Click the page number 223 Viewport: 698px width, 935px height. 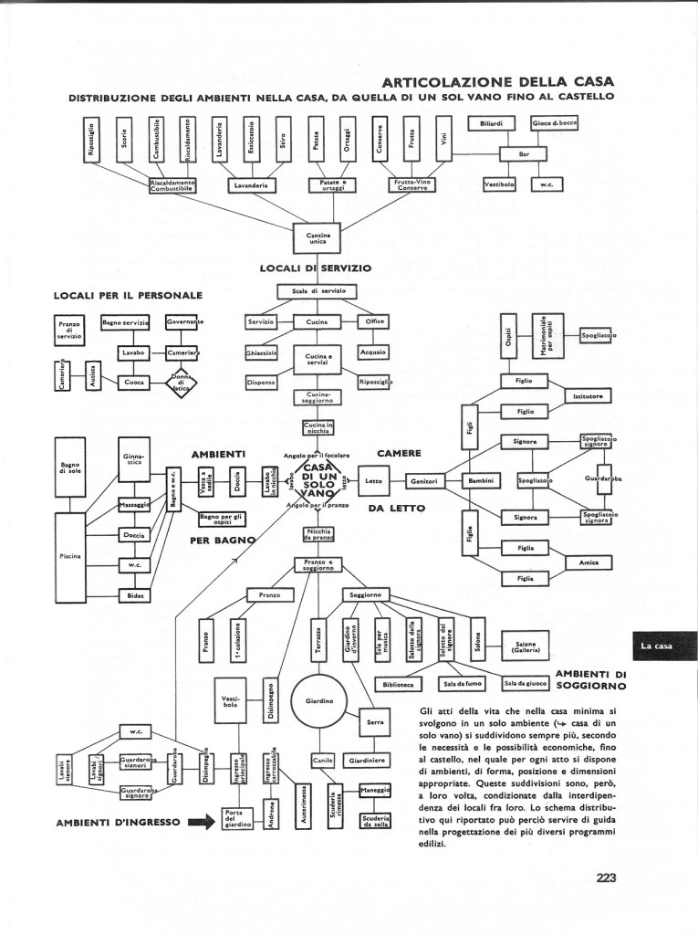[607, 878]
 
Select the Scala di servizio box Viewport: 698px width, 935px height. [317, 291]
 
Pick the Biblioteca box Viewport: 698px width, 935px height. [399, 683]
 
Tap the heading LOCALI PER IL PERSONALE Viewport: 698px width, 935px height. [128, 295]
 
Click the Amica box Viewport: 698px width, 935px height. [589, 562]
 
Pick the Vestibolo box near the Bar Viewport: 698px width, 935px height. [499, 184]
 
